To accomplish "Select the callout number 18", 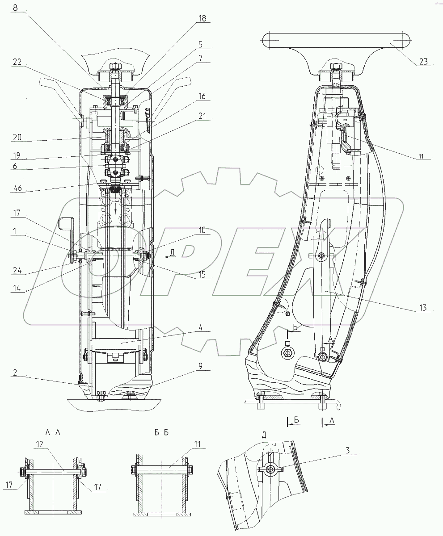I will [203, 18].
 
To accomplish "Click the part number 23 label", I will [423, 62].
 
